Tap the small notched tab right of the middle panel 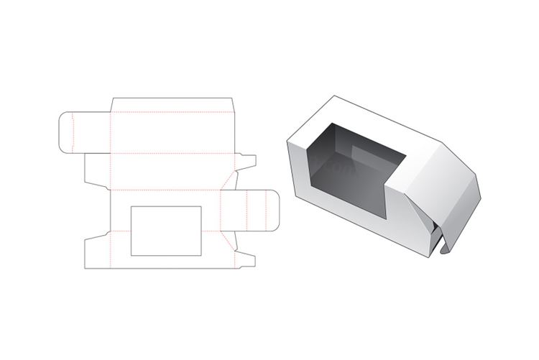244,165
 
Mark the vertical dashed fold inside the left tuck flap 73,132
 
